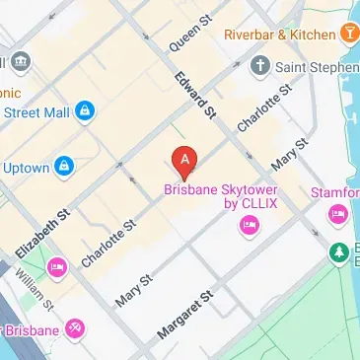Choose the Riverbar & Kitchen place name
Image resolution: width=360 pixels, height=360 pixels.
pyautogui.click(x=279, y=35)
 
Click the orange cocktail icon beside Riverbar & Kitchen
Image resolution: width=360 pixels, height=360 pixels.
pyautogui.click(x=347, y=35)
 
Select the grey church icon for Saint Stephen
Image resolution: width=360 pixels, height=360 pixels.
pyautogui.click(x=259, y=67)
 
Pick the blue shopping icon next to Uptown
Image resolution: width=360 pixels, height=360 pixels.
pyautogui.click(x=64, y=165)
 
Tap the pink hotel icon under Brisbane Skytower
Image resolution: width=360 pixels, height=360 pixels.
pyautogui.click(x=247, y=229)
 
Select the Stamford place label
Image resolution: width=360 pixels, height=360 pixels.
pyautogui.click(x=337, y=189)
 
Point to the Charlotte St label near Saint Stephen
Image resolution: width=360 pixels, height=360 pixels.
pyautogui.click(x=264, y=109)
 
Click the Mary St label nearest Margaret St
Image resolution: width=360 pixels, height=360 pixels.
pyautogui.click(x=135, y=289)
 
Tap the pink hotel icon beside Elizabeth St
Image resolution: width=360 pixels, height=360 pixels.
pyautogui.click(x=57, y=266)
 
